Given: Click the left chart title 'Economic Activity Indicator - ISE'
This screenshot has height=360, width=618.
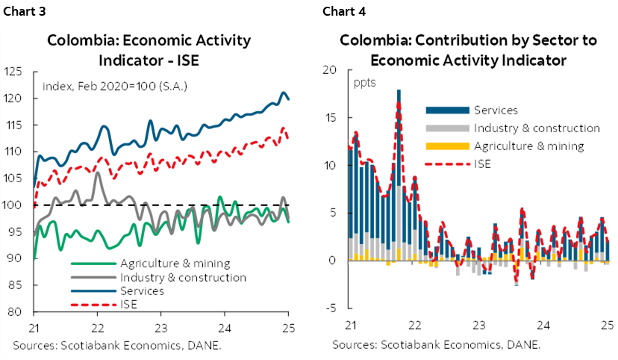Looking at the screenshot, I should (x=149, y=49).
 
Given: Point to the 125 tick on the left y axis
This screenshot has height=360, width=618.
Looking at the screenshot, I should (x=21, y=72).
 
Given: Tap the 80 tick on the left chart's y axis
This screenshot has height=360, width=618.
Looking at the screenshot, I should (x=23, y=312).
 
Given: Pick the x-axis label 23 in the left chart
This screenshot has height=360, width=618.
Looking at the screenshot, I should (x=160, y=327).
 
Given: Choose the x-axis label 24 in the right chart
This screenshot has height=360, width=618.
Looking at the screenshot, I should (x=544, y=326).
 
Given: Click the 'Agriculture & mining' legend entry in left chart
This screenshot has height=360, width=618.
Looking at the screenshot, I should (x=174, y=264).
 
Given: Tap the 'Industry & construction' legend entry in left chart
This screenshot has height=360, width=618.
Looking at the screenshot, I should (x=182, y=277).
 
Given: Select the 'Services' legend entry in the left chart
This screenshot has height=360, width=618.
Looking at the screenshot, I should (x=141, y=291).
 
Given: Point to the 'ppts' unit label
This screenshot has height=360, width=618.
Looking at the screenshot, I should (x=363, y=81).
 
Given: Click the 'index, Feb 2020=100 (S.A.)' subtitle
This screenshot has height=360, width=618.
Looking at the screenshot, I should (x=115, y=86).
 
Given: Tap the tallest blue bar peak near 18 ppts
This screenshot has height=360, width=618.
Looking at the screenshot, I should (x=399, y=92).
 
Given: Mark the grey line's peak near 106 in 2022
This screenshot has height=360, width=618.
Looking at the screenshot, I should (x=98, y=174).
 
